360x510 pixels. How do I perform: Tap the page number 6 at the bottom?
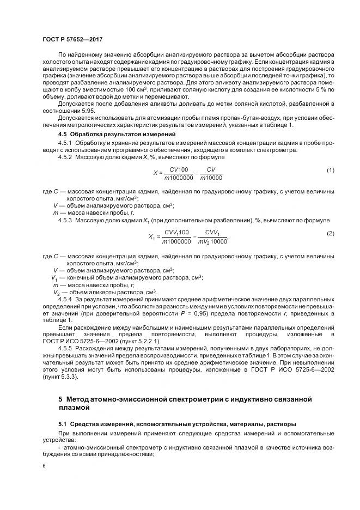pos(44,467)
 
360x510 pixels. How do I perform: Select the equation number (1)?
pos(330,171)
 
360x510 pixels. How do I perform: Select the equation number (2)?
pos(330,233)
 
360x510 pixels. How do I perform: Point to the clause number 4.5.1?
pos(65,143)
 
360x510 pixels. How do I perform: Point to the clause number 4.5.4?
pos(65,299)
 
